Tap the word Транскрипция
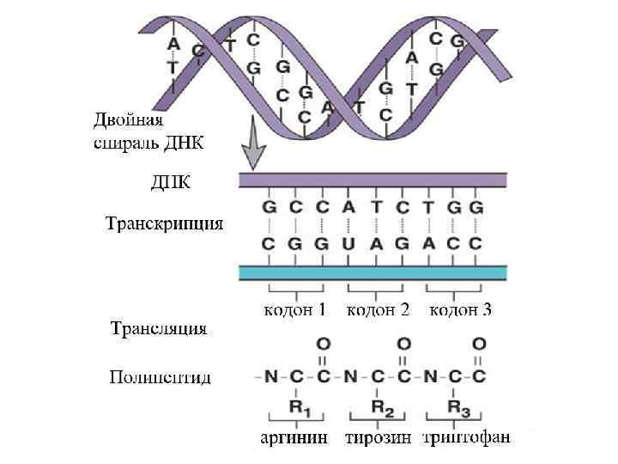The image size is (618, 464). (164, 225)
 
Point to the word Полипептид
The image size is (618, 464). (160, 377)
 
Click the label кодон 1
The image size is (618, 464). (294, 311)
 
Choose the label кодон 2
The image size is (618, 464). (378, 311)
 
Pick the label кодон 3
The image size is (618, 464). (460, 311)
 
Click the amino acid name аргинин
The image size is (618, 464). (294, 439)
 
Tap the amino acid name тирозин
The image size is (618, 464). (378, 439)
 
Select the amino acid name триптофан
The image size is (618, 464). (468, 439)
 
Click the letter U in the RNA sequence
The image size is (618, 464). (348, 243)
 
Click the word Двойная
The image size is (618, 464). (128, 121)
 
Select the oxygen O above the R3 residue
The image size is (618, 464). (479, 344)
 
